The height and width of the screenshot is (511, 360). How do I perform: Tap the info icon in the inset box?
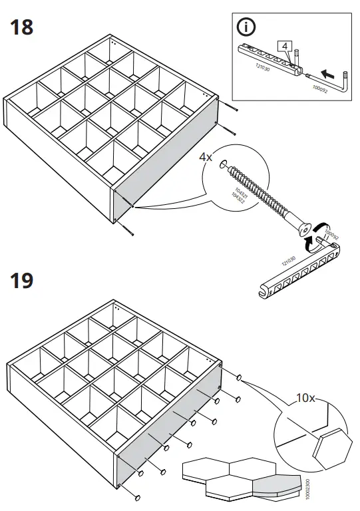[247, 28]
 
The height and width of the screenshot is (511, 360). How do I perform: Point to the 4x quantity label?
[206, 158]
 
